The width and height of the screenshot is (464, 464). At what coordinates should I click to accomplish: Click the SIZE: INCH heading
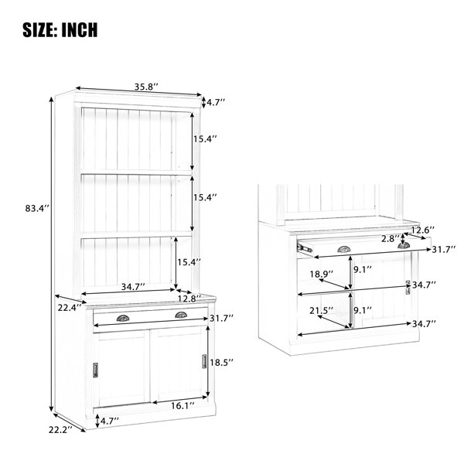60,30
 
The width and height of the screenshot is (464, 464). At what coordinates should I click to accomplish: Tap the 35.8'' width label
146,87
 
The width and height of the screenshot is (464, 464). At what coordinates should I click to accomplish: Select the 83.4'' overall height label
36,208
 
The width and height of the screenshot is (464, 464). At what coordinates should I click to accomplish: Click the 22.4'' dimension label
70,308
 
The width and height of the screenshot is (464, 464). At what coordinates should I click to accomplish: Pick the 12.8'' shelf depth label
189,299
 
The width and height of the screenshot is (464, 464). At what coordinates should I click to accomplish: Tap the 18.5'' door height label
222,362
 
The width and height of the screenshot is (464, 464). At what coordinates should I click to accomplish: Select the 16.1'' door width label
183,405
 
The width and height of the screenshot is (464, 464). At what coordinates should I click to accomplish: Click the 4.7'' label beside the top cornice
216,102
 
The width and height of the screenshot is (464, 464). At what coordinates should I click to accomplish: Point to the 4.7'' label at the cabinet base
110,421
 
